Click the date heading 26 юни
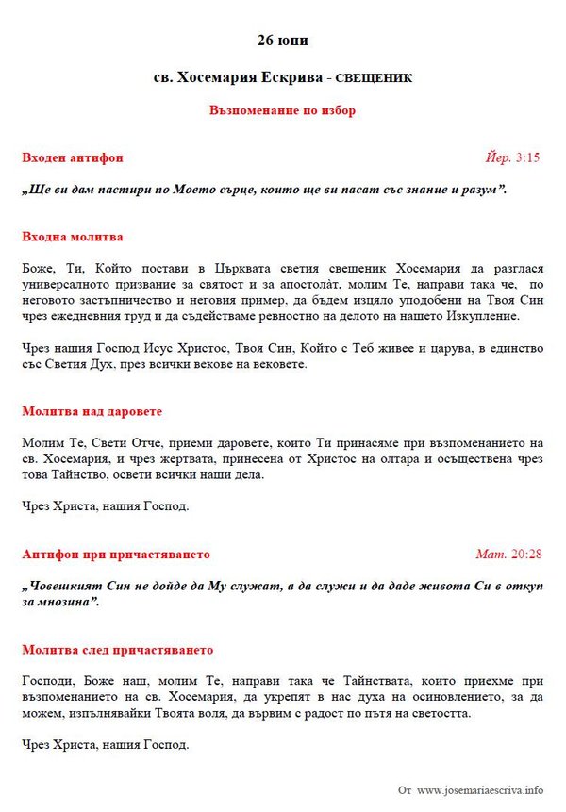[x=282, y=41]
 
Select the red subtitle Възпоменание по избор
[x=282, y=110]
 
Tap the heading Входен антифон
[x=72, y=157]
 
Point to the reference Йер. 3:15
[x=512, y=157]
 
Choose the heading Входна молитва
[x=72, y=237]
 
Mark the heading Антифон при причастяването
[x=115, y=554]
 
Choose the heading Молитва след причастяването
[x=117, y=650]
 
